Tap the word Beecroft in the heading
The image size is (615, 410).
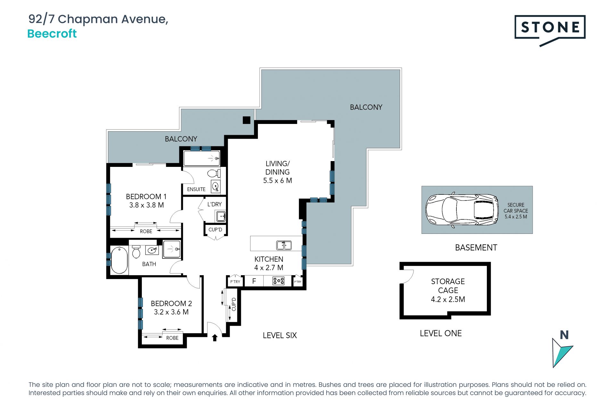pos(52,34)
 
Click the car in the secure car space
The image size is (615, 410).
pos(462,210)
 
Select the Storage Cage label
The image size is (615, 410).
pos(448,286)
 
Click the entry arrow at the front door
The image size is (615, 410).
pos(215,338)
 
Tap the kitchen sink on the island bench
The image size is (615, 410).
pos(284,245)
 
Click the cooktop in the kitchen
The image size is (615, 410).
pos(278,281)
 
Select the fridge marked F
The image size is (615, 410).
pos(254,281)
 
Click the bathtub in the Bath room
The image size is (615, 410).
pos(119,260)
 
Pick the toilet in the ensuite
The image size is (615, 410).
pos(214,173)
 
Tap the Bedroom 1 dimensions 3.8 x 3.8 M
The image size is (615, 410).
pos(146,205)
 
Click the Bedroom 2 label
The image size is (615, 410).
pos(171,303)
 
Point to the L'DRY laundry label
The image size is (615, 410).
pos(215,204)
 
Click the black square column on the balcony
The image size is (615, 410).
pos(246,120)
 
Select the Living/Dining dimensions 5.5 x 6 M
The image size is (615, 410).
pos(277,181)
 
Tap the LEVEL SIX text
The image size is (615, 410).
pos(280,335)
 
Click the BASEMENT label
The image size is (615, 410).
pos(476,248)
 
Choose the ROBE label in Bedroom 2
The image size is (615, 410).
pos(172,338)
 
